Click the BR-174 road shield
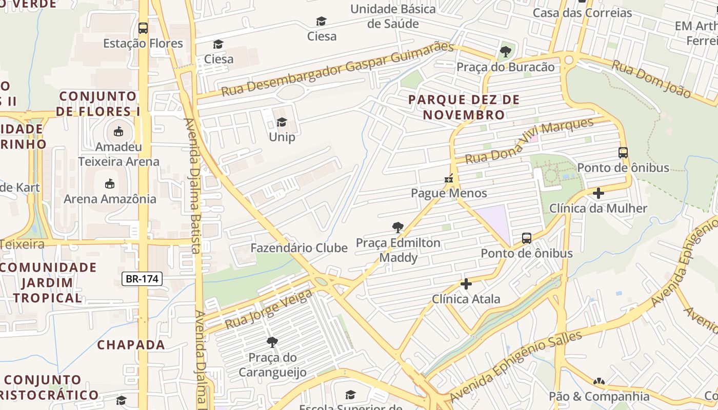point(142,279)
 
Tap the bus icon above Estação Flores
point(143,28)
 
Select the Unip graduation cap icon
point(282,122)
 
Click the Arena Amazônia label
point(110,199)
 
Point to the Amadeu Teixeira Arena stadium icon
point(118,132)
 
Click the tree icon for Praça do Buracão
point(505,51)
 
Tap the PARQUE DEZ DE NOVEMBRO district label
point(464,107)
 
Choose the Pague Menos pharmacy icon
point(449,179)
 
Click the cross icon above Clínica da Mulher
point(598,193)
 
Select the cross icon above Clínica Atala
point(466,283)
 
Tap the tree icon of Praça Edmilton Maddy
point(397,228)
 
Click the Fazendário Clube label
point(299,248)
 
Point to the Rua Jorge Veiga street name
point(268,309)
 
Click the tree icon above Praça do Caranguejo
point(272,342)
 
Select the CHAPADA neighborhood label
point(131,345)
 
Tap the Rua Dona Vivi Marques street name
point(529,140)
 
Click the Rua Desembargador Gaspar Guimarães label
point(337,70)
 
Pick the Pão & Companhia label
point(599,396)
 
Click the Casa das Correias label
point(582,13)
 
